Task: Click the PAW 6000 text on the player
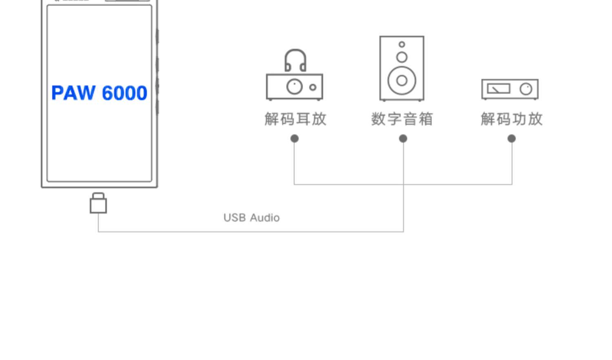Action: (99, 93)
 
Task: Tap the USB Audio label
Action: (251, 218)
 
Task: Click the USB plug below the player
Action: (98, 203)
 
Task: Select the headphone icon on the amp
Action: (295, 60)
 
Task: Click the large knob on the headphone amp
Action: (295, 86)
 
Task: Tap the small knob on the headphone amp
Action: (313, 87)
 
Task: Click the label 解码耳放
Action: (295, 119)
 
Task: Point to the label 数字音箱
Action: (402, 119)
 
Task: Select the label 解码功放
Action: (512, 119)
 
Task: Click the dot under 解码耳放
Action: (295, 139)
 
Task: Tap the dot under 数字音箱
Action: (403, 139)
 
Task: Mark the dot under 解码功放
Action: (512, 139)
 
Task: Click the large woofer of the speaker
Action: (402, 80)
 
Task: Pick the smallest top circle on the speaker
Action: (402, 44)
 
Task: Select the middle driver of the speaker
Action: (402, 57)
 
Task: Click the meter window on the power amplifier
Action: (499, 88)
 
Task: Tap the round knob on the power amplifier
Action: (526, 88)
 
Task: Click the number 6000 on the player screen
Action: (124, 93)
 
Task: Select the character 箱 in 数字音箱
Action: (426, 119)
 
